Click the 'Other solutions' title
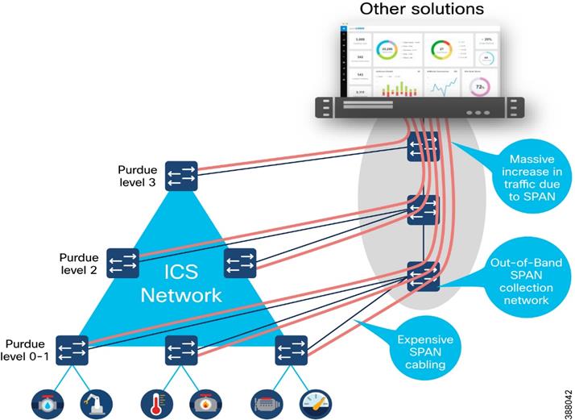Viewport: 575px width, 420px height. tap(421, 10)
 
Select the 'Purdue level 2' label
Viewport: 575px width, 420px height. tap(79, 263)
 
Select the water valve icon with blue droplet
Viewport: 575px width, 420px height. tap(46, 401)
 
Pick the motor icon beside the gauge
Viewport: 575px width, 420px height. tap(267, 401)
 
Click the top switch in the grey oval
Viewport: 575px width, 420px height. tap(423, 147)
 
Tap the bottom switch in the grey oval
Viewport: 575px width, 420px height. tap(423, 276)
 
